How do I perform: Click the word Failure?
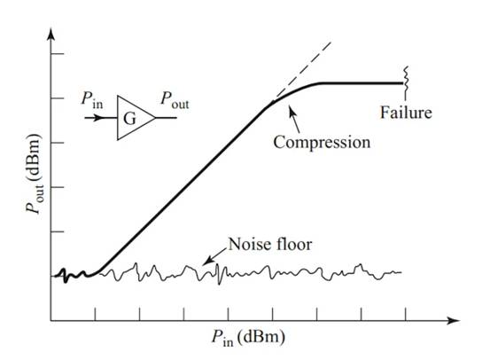click(x=406, y=113)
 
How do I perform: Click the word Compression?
click(x=322, y=143)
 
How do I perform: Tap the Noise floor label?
click(x=270, y=244)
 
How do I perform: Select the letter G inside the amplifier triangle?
click(x=129, y=119)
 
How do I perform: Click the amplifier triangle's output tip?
click(x=155, y=118)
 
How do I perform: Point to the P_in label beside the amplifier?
click(x=92, y=99)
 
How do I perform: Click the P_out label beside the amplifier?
click(x=175, y=100)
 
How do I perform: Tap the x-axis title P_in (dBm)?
click(x=248, y=338)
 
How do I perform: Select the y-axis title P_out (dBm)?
click(x=34, y=174)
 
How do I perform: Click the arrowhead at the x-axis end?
click(x=454, y=321)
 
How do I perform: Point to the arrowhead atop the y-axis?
click(x=51, y=34)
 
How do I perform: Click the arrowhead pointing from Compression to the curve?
click(x=292, y=112)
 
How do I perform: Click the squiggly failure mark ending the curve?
click(x=406, y=77)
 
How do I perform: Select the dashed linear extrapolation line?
click(x=302, y=69)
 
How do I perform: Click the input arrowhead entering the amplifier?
click(x=98, y=118)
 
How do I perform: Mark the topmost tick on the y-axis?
click(x=58, y=54)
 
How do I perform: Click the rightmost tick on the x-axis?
click(x=406, y=314)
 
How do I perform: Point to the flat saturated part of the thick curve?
click(x=362, y=83)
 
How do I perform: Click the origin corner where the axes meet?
click(x=51, y=321)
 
